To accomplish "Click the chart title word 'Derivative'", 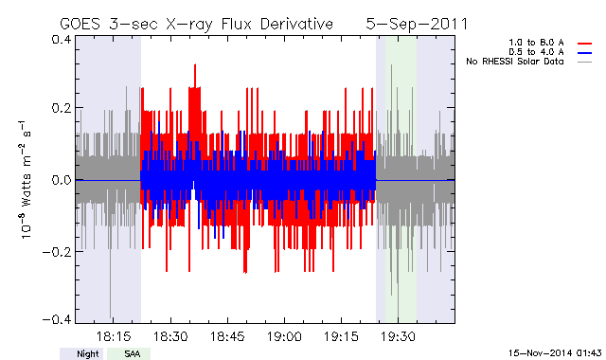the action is point(296,24).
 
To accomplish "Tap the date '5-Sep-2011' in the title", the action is point(417,24).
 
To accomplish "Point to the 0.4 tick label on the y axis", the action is point(62,40).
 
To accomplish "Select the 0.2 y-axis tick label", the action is point(62,108).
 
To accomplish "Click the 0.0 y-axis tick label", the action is point(62,180).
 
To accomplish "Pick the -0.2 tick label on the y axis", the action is point(57,252).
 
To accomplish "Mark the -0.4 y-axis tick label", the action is point(57,320).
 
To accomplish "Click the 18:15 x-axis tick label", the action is point(114,336).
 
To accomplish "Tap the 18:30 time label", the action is point(170,336).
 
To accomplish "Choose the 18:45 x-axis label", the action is point(227,336).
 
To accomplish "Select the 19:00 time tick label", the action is point(284,336).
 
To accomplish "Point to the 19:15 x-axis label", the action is point(341,336).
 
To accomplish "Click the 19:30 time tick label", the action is point(398,336).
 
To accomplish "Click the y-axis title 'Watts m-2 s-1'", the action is point(26,179).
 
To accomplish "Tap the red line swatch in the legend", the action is point(585,44).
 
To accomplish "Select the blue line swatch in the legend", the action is point(585,53).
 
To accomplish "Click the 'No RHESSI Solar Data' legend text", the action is point(515,62).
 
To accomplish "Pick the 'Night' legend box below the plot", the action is point(81,353).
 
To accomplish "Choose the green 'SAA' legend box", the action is point(129,353).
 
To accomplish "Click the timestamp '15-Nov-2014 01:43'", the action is point(555,353).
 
